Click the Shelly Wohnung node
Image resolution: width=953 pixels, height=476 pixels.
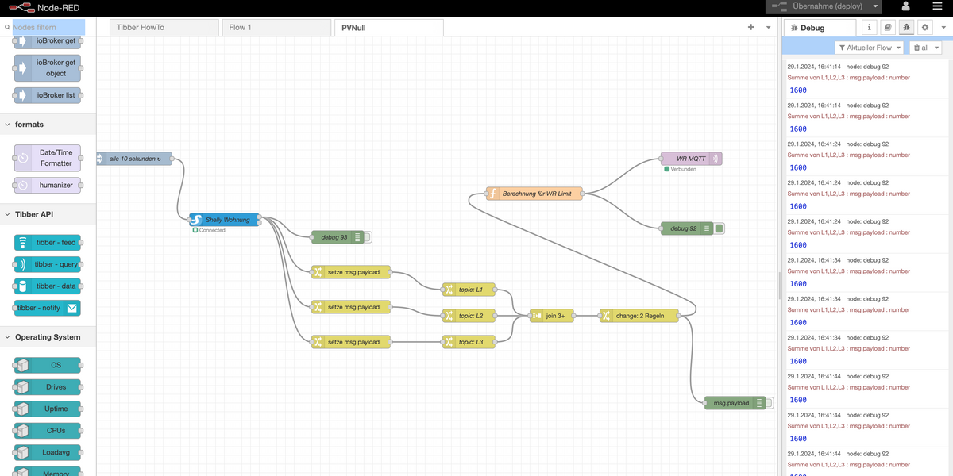pyautogui.click(x=226, y=220)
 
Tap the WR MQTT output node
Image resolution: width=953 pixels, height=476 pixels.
pyautogui.click(x=690, y=159)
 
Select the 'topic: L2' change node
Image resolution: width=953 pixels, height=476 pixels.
pyautogui.click(x=469, y=316)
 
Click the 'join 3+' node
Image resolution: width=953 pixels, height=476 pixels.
pyautogui.click(x=550, y=316)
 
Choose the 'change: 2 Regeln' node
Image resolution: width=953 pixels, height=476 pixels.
pyautogui.click(x=639, y=316)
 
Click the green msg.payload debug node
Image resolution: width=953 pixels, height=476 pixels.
pyautogui.click(x=731, y=403)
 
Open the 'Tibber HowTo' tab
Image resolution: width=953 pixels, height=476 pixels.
pyautogui.click(x=163, y=28)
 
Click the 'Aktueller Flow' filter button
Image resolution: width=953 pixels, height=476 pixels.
pyautogui.click(x=870, y=48)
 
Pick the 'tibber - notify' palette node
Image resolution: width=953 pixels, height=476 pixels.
pyautogui.click(x=48, y=308)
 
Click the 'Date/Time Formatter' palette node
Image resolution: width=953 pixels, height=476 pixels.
pyautogui.click(x=48, y=158)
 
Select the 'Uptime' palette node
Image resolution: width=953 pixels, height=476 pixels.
pyautogui.click(x=48, y=409)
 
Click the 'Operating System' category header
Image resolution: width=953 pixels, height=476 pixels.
pyautogui.click(x=48, y=337)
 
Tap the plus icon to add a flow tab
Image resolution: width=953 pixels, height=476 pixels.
pyautogui.click(x=750, y=27)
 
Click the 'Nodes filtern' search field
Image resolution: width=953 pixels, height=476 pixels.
pyautogui.click(x=48, y=27)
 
